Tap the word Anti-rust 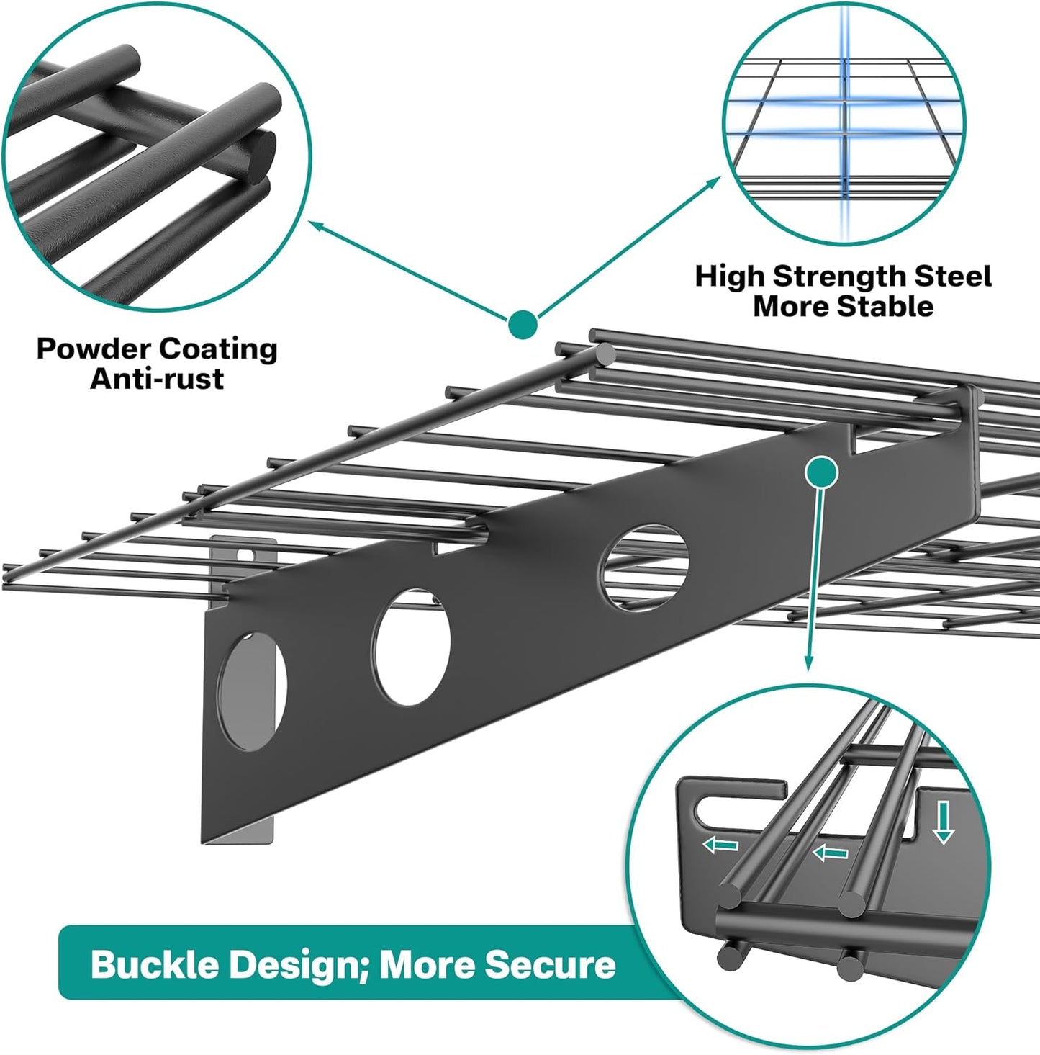[x=157, y=379]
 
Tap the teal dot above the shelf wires [x=523, y=323]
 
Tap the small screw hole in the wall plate [x=247, y=556]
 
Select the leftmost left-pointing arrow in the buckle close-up [x=720, y=844]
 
